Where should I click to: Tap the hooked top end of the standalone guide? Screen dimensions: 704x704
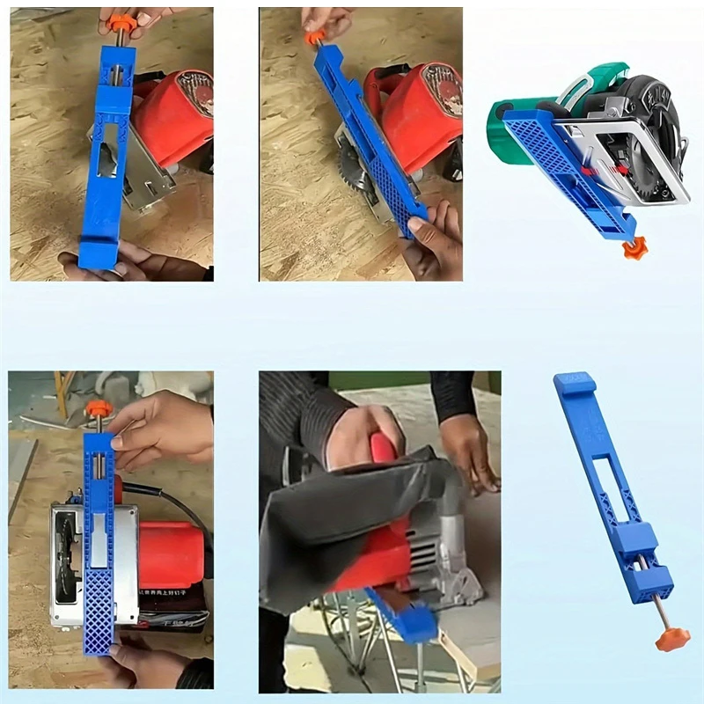click(x=574, y=384)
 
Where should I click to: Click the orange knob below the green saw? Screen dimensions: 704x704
click(x=634, y=248)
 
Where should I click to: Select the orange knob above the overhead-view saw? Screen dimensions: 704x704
click(x=99, y=409)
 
